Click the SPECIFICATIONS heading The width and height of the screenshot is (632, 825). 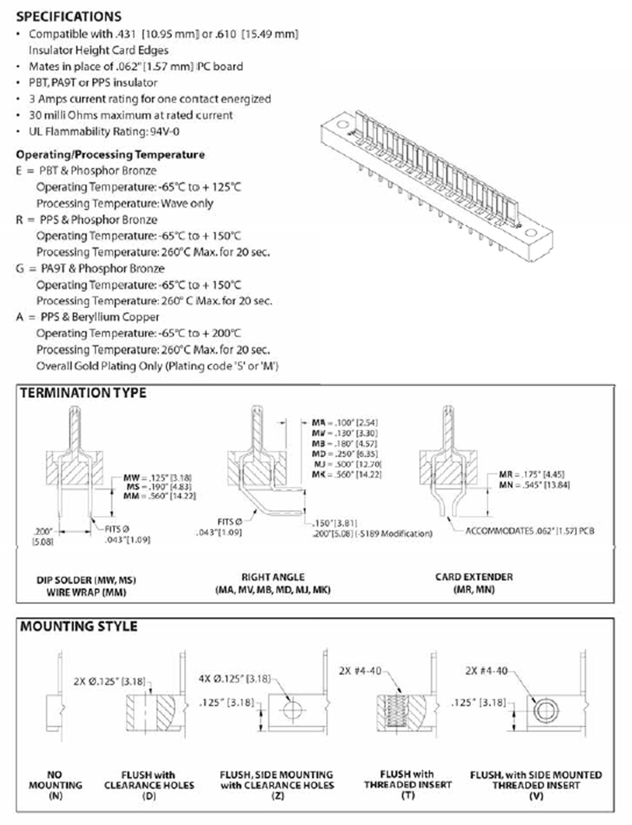[69, 16]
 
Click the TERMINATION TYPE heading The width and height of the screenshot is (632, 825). [83, 393]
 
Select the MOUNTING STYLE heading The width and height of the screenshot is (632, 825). [79, 626]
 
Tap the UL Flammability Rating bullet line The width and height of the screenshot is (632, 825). [104, 132]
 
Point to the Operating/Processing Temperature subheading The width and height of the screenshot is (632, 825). [110, 155]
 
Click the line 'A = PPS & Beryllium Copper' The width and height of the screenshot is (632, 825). [88, 317]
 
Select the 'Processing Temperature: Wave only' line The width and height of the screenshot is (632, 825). [125, 204]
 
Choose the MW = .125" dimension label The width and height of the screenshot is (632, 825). [158, 478]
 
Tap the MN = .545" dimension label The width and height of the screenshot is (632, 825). [534, 485]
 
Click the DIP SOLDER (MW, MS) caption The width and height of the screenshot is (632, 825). [86, 580]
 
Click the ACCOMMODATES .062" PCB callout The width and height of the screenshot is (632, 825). [530, 531]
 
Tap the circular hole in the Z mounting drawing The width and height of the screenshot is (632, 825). [293, 710]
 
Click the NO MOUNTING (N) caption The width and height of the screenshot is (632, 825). [55, 785]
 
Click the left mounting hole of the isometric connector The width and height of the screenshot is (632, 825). [342, 124]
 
